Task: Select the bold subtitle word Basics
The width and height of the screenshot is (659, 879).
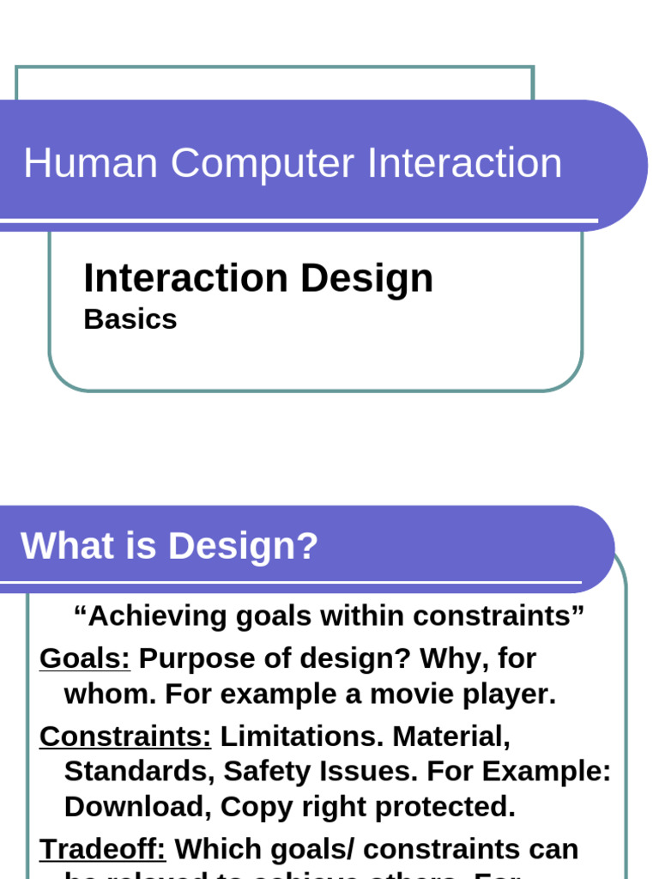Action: click(x=130, y=319)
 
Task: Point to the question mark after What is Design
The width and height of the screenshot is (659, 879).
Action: click(x=308, y=546)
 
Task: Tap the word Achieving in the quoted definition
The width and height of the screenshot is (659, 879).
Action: click(x=151, y=615)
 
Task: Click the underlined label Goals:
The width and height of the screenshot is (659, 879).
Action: click(x=85, y=658)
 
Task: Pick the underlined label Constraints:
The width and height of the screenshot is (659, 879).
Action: click(x=125, y=736)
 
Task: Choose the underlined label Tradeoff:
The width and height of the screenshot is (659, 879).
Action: click(x=103, y=849)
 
